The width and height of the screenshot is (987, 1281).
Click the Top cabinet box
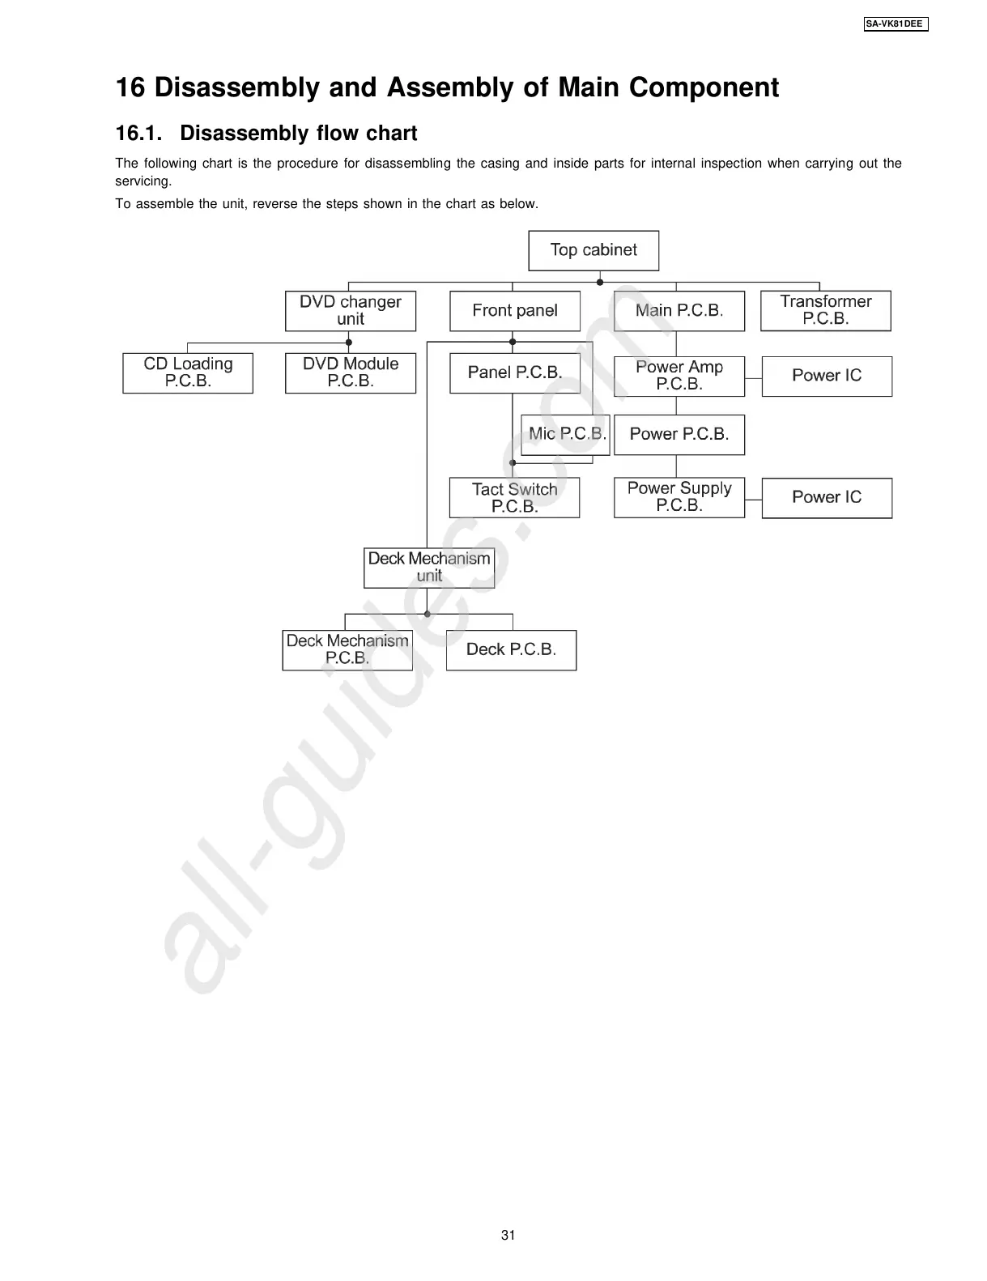[x=593, y=250]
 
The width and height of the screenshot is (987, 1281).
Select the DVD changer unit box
[x=351, y=311]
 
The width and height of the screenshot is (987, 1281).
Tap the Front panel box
[x=515, y=311]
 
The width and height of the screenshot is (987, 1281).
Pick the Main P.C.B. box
[x=679, y=311]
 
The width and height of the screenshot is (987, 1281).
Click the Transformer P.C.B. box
[x=825, y=311]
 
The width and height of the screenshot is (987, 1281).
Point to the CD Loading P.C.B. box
[x=188, y=373]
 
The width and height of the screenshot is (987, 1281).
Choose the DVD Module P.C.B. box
[x=351, y=373]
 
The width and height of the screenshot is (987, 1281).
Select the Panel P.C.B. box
[x=515, y=373]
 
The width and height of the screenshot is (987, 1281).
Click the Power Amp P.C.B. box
[x=679, y=376]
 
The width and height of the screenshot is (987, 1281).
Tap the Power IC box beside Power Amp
[x=827, y=376]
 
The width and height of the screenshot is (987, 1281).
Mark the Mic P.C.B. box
[x=566, y=435]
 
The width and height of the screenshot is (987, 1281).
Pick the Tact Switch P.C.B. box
[x=515, y=498]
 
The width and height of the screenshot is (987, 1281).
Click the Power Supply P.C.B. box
[x=679, y=497]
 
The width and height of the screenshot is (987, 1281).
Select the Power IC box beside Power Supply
[x=827, y=498]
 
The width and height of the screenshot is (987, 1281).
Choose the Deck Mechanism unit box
[x=429, y=568]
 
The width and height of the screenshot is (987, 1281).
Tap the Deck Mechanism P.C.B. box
[x=347, y=650]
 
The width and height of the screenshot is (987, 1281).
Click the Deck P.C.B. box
[x=511, y=650]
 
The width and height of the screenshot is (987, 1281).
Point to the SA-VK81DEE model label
[x=895, y=24]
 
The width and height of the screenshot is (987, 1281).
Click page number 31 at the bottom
[x=508, y=1235]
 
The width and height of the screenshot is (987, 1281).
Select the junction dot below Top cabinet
[x=600, y=282]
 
